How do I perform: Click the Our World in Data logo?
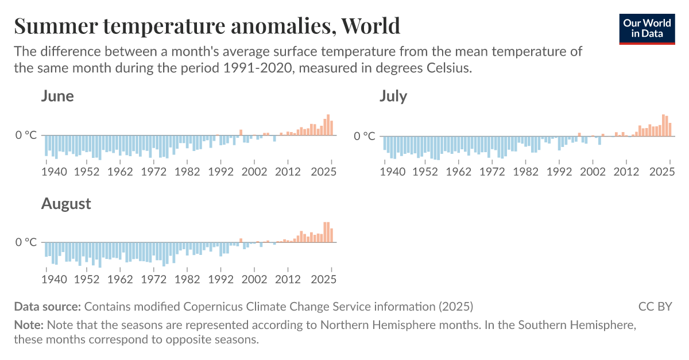[x=647, y=28]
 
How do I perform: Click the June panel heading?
[x=57, y=96]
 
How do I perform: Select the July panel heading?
[x=393, y=96]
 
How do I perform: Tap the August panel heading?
[x=66, y=204]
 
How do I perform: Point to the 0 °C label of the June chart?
[x=26, y=136]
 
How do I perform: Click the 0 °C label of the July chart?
[x=365, y=136]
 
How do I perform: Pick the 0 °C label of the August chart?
[x=26, y=242]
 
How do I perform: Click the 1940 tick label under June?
[x=53, y=171]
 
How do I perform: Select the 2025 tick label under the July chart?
[x=663, y=171]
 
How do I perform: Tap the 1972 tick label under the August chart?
[x=153, y=279]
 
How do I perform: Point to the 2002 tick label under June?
[x=254, y=171]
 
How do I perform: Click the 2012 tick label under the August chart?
[x=288, y=279]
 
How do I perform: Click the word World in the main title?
[x=370, y=26]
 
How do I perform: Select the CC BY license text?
[x=655, y=306]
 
